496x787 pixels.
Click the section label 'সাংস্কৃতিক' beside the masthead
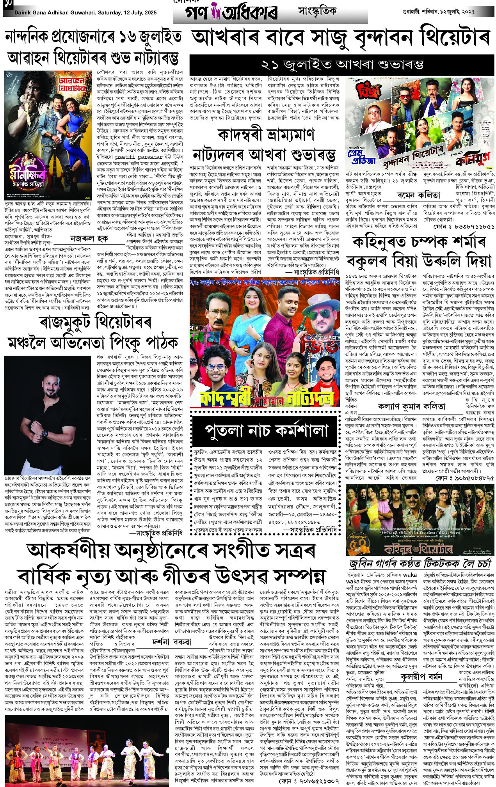[317, 11]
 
